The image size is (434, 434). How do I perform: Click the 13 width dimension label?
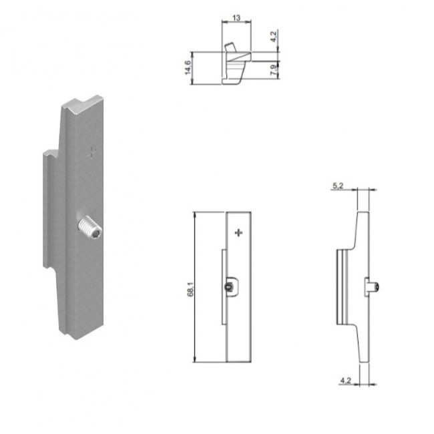pyautogui.click(x=236, y=18)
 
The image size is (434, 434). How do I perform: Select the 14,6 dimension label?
pyautogui.click(x=188, y=67)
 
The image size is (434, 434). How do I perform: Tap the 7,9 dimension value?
pyautogui.click(x=273, y=70)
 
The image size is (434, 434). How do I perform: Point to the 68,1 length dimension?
pyautogui.click(x=190, y=289)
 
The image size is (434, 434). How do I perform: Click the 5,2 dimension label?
pyautogui.click(x=338, y=186)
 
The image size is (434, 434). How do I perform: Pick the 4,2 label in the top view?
pyautogui.click(x=273, y=37)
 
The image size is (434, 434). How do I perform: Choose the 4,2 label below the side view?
pyautogui.click(x=345, y=381)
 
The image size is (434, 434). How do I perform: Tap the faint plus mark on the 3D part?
pyautogui.click(x=91, y=152)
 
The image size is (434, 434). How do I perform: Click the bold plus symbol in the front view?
pyautogui.click(x=238, y=232)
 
